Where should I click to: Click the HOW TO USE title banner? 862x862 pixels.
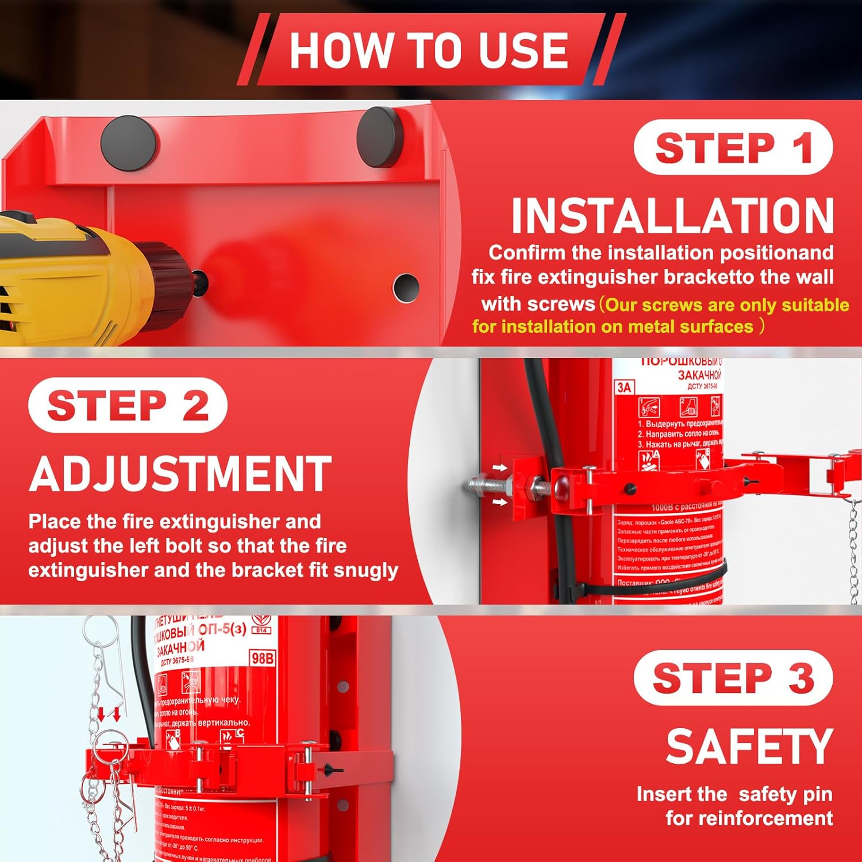tap(430, 50)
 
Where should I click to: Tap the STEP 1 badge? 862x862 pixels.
tap(733, 148)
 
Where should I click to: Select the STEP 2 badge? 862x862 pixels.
tap(128, 405)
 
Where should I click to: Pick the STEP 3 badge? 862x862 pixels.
tap(733, 678)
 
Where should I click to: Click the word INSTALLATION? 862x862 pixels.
tap(672, 216)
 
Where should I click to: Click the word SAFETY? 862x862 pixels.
tap(749, 746)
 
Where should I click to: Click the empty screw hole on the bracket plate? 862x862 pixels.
tap(406, 286)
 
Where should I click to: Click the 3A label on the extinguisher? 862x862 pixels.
tap(624, 388)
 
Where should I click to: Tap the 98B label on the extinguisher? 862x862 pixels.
tap(262, 658)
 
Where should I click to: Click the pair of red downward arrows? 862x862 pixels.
tap(109, 714)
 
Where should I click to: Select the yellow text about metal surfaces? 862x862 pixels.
tap(661, 315)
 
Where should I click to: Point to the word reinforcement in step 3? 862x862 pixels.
tap(749, 818)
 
